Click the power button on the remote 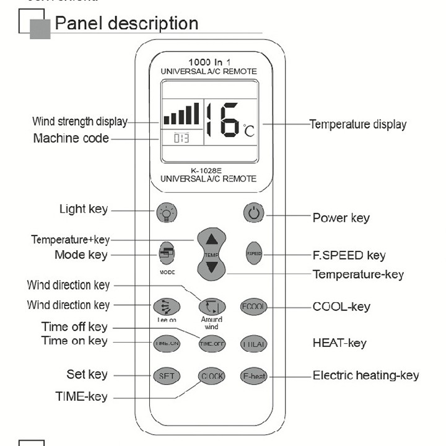pyautogui.click(x=253, y=214)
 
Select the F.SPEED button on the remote pyautogui.click(x=254, y=253)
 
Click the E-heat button pyautogui.click(x=253, y=376)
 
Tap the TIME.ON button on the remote pyautogui.click(x=165, y=343)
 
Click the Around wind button pyautogui.click(x=211, y=306)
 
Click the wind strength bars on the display pyautogui.click(x=181, y=115)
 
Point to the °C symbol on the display pyautogui.click(x=248, y=131)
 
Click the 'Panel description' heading pyautogui.click(x=126, y=24)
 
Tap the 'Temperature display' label pyautogui.click(x=358, y=125)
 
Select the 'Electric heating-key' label pyautogui.click(x=365, y=375)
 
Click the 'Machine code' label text pyautogui.click(x=71, y=138)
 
